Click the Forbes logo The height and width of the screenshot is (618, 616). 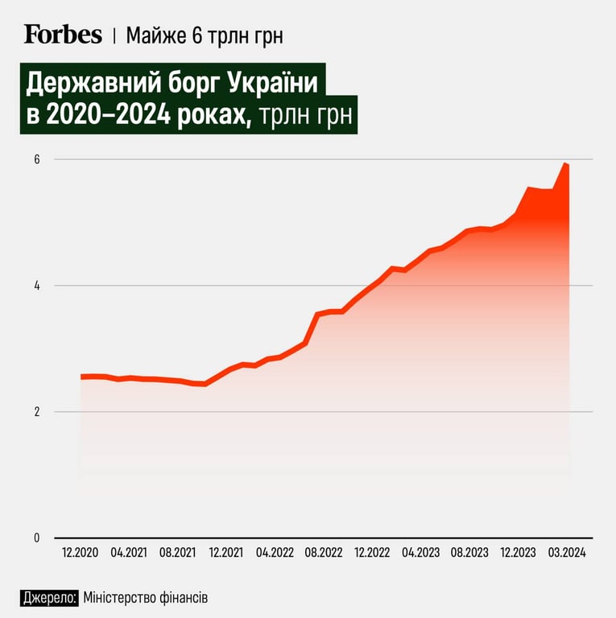[63, 34]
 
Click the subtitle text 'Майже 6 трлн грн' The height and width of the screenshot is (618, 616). [205, 35]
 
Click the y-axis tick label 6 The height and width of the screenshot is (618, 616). [37, 159]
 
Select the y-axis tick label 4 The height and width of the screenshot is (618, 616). [37, 286]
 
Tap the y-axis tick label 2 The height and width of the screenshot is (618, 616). [37, 412]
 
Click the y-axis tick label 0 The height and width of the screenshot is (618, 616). [37, 538]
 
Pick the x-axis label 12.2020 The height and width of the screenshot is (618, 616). [81, 553]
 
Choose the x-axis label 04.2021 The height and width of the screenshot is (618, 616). [129, 553]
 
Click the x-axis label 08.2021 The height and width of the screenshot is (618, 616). [178, 553]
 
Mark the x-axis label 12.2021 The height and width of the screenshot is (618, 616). [226, 553]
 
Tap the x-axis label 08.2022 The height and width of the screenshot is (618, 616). [324, 553]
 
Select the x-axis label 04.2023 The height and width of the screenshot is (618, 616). [421, 553]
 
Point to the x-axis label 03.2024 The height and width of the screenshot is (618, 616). [568, 553]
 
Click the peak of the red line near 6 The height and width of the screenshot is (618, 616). [566, 164]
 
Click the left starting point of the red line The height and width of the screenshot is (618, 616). [82, 376]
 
